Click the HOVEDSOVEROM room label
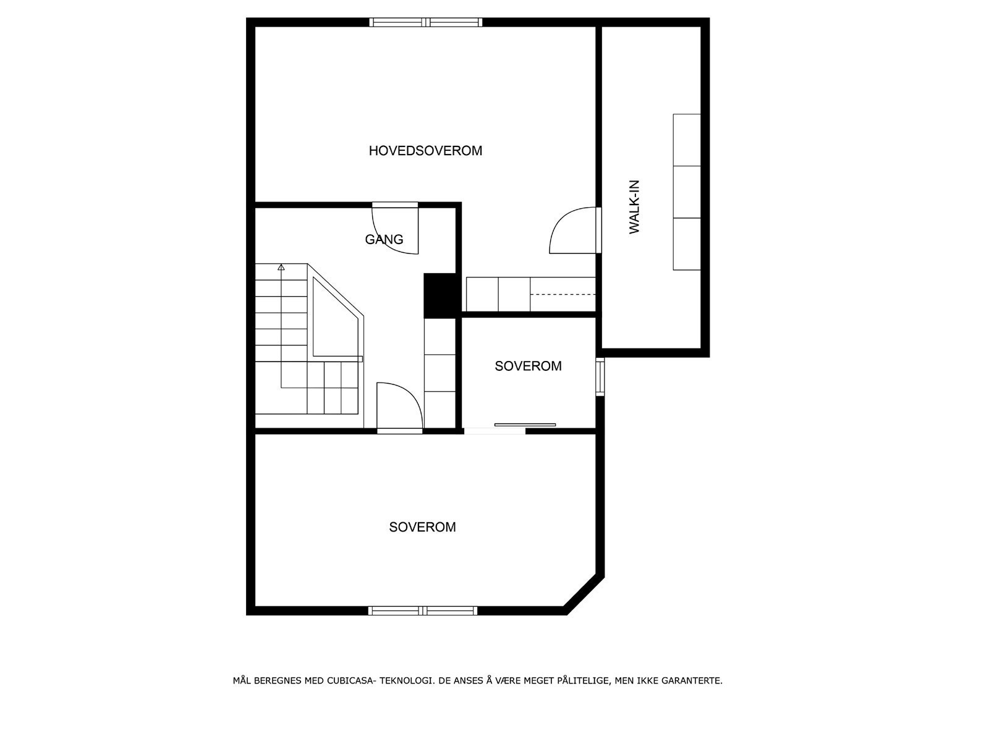(425, 151)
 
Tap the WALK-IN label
(634, 206)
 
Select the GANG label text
(384, 239)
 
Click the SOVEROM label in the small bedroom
(528, 366)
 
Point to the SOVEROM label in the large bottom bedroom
(422, 527)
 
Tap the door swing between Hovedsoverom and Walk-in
(572, 231)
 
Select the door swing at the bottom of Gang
(399, 405)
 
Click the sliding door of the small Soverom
(525, 425)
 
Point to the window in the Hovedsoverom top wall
(426, 22)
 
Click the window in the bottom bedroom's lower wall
(423, 611)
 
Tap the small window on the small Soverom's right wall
(600, 376)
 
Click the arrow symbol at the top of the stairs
(281, 268)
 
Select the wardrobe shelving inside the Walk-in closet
(687, 192)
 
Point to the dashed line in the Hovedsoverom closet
(562, 294)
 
